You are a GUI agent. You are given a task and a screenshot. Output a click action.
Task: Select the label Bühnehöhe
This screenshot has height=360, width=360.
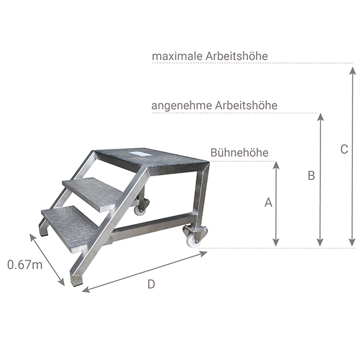point(239,153)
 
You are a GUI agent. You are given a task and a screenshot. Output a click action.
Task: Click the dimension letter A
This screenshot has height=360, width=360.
point(268,203)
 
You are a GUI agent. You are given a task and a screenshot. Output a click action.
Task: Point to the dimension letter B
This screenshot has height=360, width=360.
point(311,176)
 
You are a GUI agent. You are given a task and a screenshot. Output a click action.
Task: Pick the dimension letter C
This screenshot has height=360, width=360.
point(344,149)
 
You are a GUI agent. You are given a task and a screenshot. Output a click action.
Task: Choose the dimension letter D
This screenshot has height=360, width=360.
point(151,284)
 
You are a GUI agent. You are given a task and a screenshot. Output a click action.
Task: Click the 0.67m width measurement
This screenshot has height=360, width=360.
point(25,264)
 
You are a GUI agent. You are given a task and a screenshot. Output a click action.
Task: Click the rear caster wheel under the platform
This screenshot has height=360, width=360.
point(140,207)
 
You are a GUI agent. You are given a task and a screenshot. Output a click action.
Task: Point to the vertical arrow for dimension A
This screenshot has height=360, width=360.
point(276,204)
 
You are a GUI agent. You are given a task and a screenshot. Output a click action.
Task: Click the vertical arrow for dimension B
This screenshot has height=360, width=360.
point(320,180)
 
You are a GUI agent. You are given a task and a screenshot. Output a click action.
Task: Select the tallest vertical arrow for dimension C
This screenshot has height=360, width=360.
point(352,156)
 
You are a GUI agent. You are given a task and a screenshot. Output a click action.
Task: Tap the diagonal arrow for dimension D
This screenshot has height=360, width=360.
point(145,271)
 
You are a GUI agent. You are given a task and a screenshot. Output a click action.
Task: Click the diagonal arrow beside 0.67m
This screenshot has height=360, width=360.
point(47,260)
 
